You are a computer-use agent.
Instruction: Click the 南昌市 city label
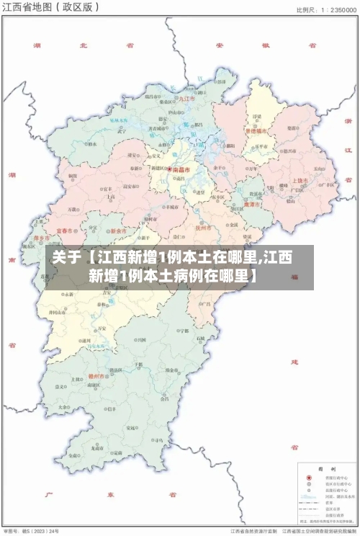[181, 170]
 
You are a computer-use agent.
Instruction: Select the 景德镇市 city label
[256, 132]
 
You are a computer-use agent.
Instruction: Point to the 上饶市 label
[300, 180]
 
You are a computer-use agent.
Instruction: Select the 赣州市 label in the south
[96, 375]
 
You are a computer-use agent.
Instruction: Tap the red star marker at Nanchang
[170, 170]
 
